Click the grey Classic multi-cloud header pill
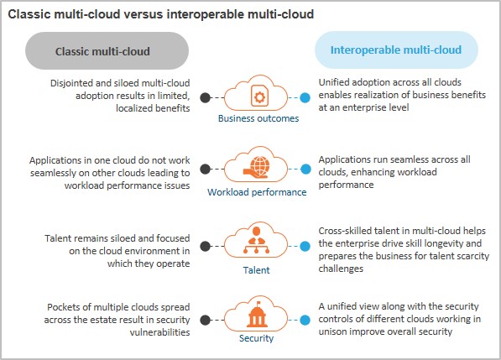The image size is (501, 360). tap(107, 51)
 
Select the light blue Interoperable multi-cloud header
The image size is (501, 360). tap(396, 50)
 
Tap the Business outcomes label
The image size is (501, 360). tap(258, 118)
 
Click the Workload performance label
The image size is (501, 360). tap(257, 192)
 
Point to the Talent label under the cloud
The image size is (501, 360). tap(256, 270)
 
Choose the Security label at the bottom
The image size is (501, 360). tap(256, 338)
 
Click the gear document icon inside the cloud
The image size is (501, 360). tap(259, 96)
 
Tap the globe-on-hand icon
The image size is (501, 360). tap(257, 167)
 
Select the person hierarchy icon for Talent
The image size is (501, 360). tap(256, 240)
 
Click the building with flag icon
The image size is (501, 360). tap(257, 315)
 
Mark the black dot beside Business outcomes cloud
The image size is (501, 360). tap(206, 97)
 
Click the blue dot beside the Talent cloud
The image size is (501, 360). tap(305, 246)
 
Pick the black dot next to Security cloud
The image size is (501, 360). tap(206, 320)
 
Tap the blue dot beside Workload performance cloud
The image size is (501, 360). tap(305, 169)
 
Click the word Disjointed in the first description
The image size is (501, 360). tap(71, 83)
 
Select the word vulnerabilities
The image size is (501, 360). tap(159, 332)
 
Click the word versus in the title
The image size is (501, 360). tap(144, 14)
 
